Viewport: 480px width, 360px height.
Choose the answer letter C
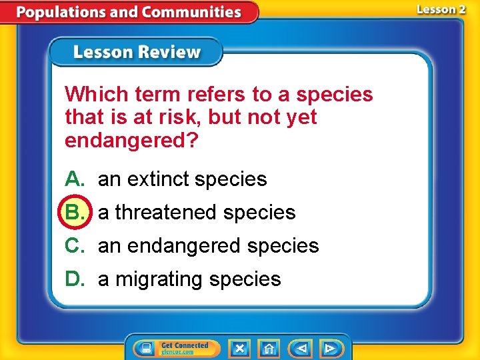(73, 245)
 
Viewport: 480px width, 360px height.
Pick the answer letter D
(73, 279)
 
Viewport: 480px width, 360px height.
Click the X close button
(239, 348)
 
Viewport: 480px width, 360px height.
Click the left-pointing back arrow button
(301, 348)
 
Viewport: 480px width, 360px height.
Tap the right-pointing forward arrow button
(330, 348)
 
